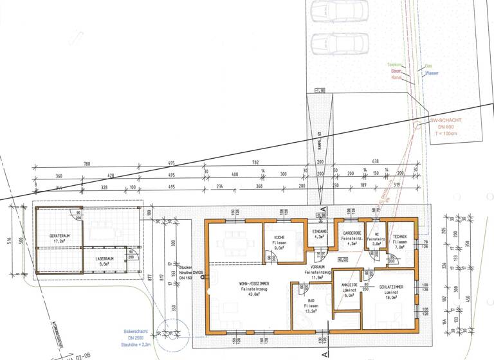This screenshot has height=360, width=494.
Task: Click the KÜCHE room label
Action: [279, 237]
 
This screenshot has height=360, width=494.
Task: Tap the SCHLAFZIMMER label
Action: [391, 287]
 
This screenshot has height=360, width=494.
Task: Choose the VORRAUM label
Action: [316, 267]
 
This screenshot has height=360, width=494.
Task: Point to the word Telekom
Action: [394, 65]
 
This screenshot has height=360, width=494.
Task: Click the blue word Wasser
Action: [431, 73]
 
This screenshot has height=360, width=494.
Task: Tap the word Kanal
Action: [396, 78]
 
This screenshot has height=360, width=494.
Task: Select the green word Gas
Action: [428, 66]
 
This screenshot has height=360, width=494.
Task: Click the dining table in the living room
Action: [233, 245]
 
